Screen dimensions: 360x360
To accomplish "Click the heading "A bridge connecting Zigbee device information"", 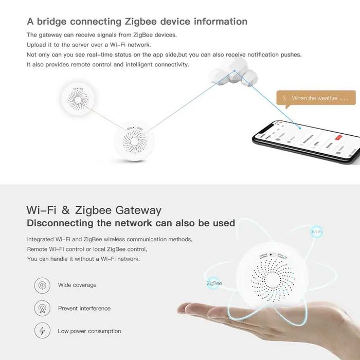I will (x=137, y=22).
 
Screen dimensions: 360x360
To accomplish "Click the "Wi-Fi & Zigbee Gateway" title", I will (x=94, y=210).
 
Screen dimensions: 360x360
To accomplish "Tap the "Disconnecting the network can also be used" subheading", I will (x=131, y=223).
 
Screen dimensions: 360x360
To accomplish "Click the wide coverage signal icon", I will (x=42, y=285).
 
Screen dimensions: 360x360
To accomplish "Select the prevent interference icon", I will (x=42, y=309).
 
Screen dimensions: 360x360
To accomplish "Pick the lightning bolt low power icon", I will (x=42, y=331).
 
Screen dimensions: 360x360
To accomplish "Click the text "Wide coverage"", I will (x=77, y=285).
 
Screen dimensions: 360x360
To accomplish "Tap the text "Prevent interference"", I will (x=84, y=309).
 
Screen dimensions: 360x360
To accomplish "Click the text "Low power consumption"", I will (x=89, y=331).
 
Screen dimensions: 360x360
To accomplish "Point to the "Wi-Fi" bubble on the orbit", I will (x=317, y=232).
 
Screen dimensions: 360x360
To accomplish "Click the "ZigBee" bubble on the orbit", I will (x=213, y=283).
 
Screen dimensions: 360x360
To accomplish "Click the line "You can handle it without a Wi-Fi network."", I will (x=83, y=259).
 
